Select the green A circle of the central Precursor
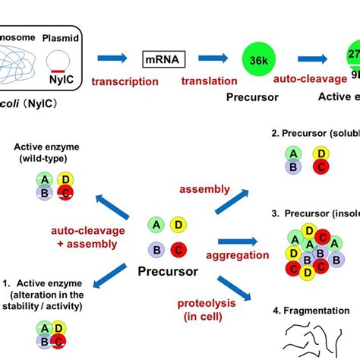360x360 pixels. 156,225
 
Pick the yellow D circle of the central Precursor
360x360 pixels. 178,225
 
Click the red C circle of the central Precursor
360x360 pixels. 178,248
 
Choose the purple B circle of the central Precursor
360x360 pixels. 156,248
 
